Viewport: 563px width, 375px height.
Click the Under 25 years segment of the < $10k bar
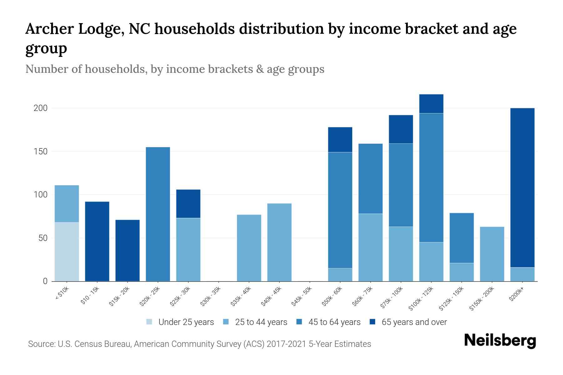pyautogui.click(x=67, y=252)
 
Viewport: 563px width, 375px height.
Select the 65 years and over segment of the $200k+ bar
pyautogui.click(x=522, y=187)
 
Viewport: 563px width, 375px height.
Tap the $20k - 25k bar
pyautogui.click(x=158, y=214)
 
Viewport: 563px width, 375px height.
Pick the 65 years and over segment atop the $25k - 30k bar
pyautogui.click(x=188, y=204)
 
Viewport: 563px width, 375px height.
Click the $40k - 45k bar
pyautogui.click(x=279, y=242)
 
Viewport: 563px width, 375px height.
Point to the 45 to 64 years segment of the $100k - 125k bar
pyautogui.click(x=431, y=177)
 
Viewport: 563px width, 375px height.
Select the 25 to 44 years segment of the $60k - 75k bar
pyautogui.click(x=370, y=247)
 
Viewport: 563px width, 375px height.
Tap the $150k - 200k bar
pyautogui.click(x=492, y=254)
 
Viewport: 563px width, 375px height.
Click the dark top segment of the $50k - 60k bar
pyautogui.click(x=340, y=140)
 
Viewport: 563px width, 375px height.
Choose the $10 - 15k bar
pyautogui.click(x=97, y=241)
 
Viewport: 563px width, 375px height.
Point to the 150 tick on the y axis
pyautogui.click(x=40, y=152)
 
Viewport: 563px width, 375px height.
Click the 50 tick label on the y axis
pyautogui.click(x=43, y=238)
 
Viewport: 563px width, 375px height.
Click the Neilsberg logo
pyautogui.click(x=500, y=340)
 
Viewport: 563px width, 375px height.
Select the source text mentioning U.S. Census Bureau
pyautogui.click(x=199, y=344)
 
